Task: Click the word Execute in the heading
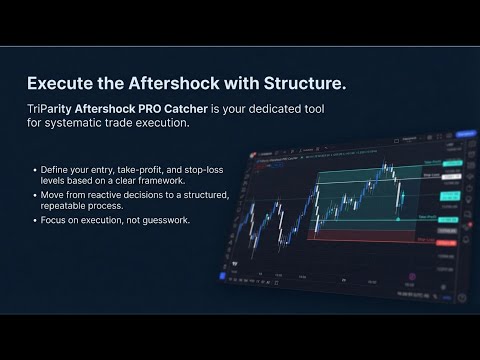[x=59, y=82]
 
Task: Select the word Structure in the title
[x=310, y=82]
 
